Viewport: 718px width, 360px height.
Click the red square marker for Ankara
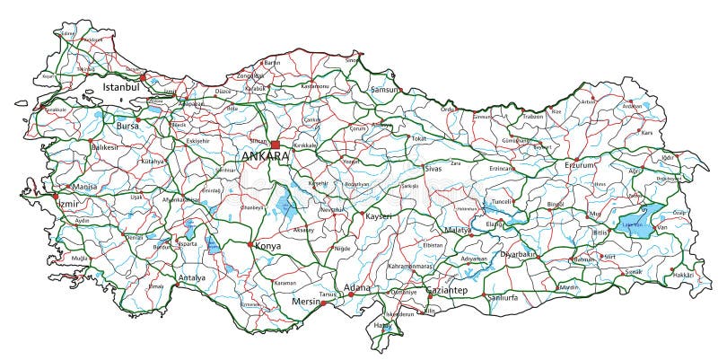(x=276, y=145)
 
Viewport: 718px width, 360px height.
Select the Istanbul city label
(x=122, y=88)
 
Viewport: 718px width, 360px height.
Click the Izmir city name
(x=66, y=204)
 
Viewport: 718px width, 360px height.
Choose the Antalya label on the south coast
(x=192, y=278)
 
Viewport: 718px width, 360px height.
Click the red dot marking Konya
(x=250, y=243)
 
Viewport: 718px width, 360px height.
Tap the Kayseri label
(x=379, y=216)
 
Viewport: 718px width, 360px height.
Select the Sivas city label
(x=433, y=168)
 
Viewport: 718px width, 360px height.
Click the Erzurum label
(x=580, y=164)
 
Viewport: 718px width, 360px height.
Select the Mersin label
(x=307, y=303)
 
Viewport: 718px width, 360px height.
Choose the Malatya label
(x=458, y=231)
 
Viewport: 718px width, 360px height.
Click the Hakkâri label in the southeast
(x=684, y=275)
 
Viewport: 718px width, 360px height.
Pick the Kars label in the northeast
(x=646, y=132)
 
